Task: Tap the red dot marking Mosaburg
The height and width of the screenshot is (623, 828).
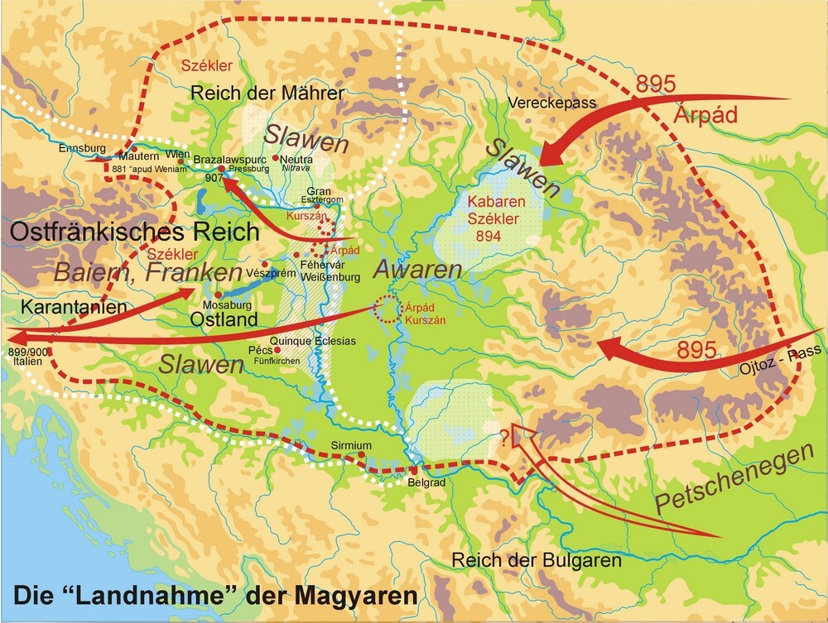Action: pyautogui.click(x=218, y=295)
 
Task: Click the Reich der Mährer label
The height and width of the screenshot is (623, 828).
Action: pyautogui.click(x=267, y=93)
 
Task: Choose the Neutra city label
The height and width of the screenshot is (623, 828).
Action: pyautogui.click(x=296, y=159)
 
